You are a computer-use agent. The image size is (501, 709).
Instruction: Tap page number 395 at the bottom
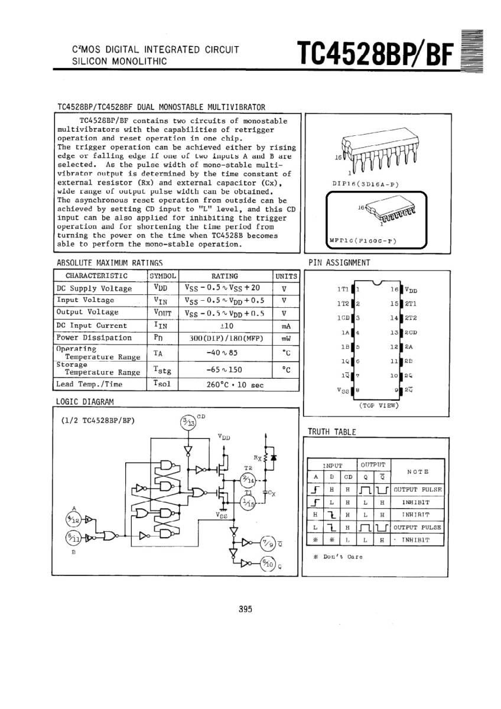coord(246,609)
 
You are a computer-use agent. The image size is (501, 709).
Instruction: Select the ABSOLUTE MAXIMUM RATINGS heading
coord(109,262)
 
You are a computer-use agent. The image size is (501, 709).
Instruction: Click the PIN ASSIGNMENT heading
coord(339,262)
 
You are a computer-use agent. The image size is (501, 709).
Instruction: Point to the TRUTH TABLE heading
coord(331,432)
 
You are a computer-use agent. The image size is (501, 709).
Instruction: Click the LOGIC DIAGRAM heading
coord(84,402)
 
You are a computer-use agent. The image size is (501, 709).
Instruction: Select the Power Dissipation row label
coord(94,338)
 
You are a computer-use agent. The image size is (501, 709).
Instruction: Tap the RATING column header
coord(225,276)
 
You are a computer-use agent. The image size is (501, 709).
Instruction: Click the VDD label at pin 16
coord(411,290)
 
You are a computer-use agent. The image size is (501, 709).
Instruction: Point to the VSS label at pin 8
coord(343,391)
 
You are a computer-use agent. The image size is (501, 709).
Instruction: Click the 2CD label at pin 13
coord(411,333)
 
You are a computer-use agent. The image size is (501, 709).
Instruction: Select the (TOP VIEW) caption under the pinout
coord(379,406)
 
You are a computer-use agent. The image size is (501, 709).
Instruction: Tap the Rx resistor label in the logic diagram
coord(257,457)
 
